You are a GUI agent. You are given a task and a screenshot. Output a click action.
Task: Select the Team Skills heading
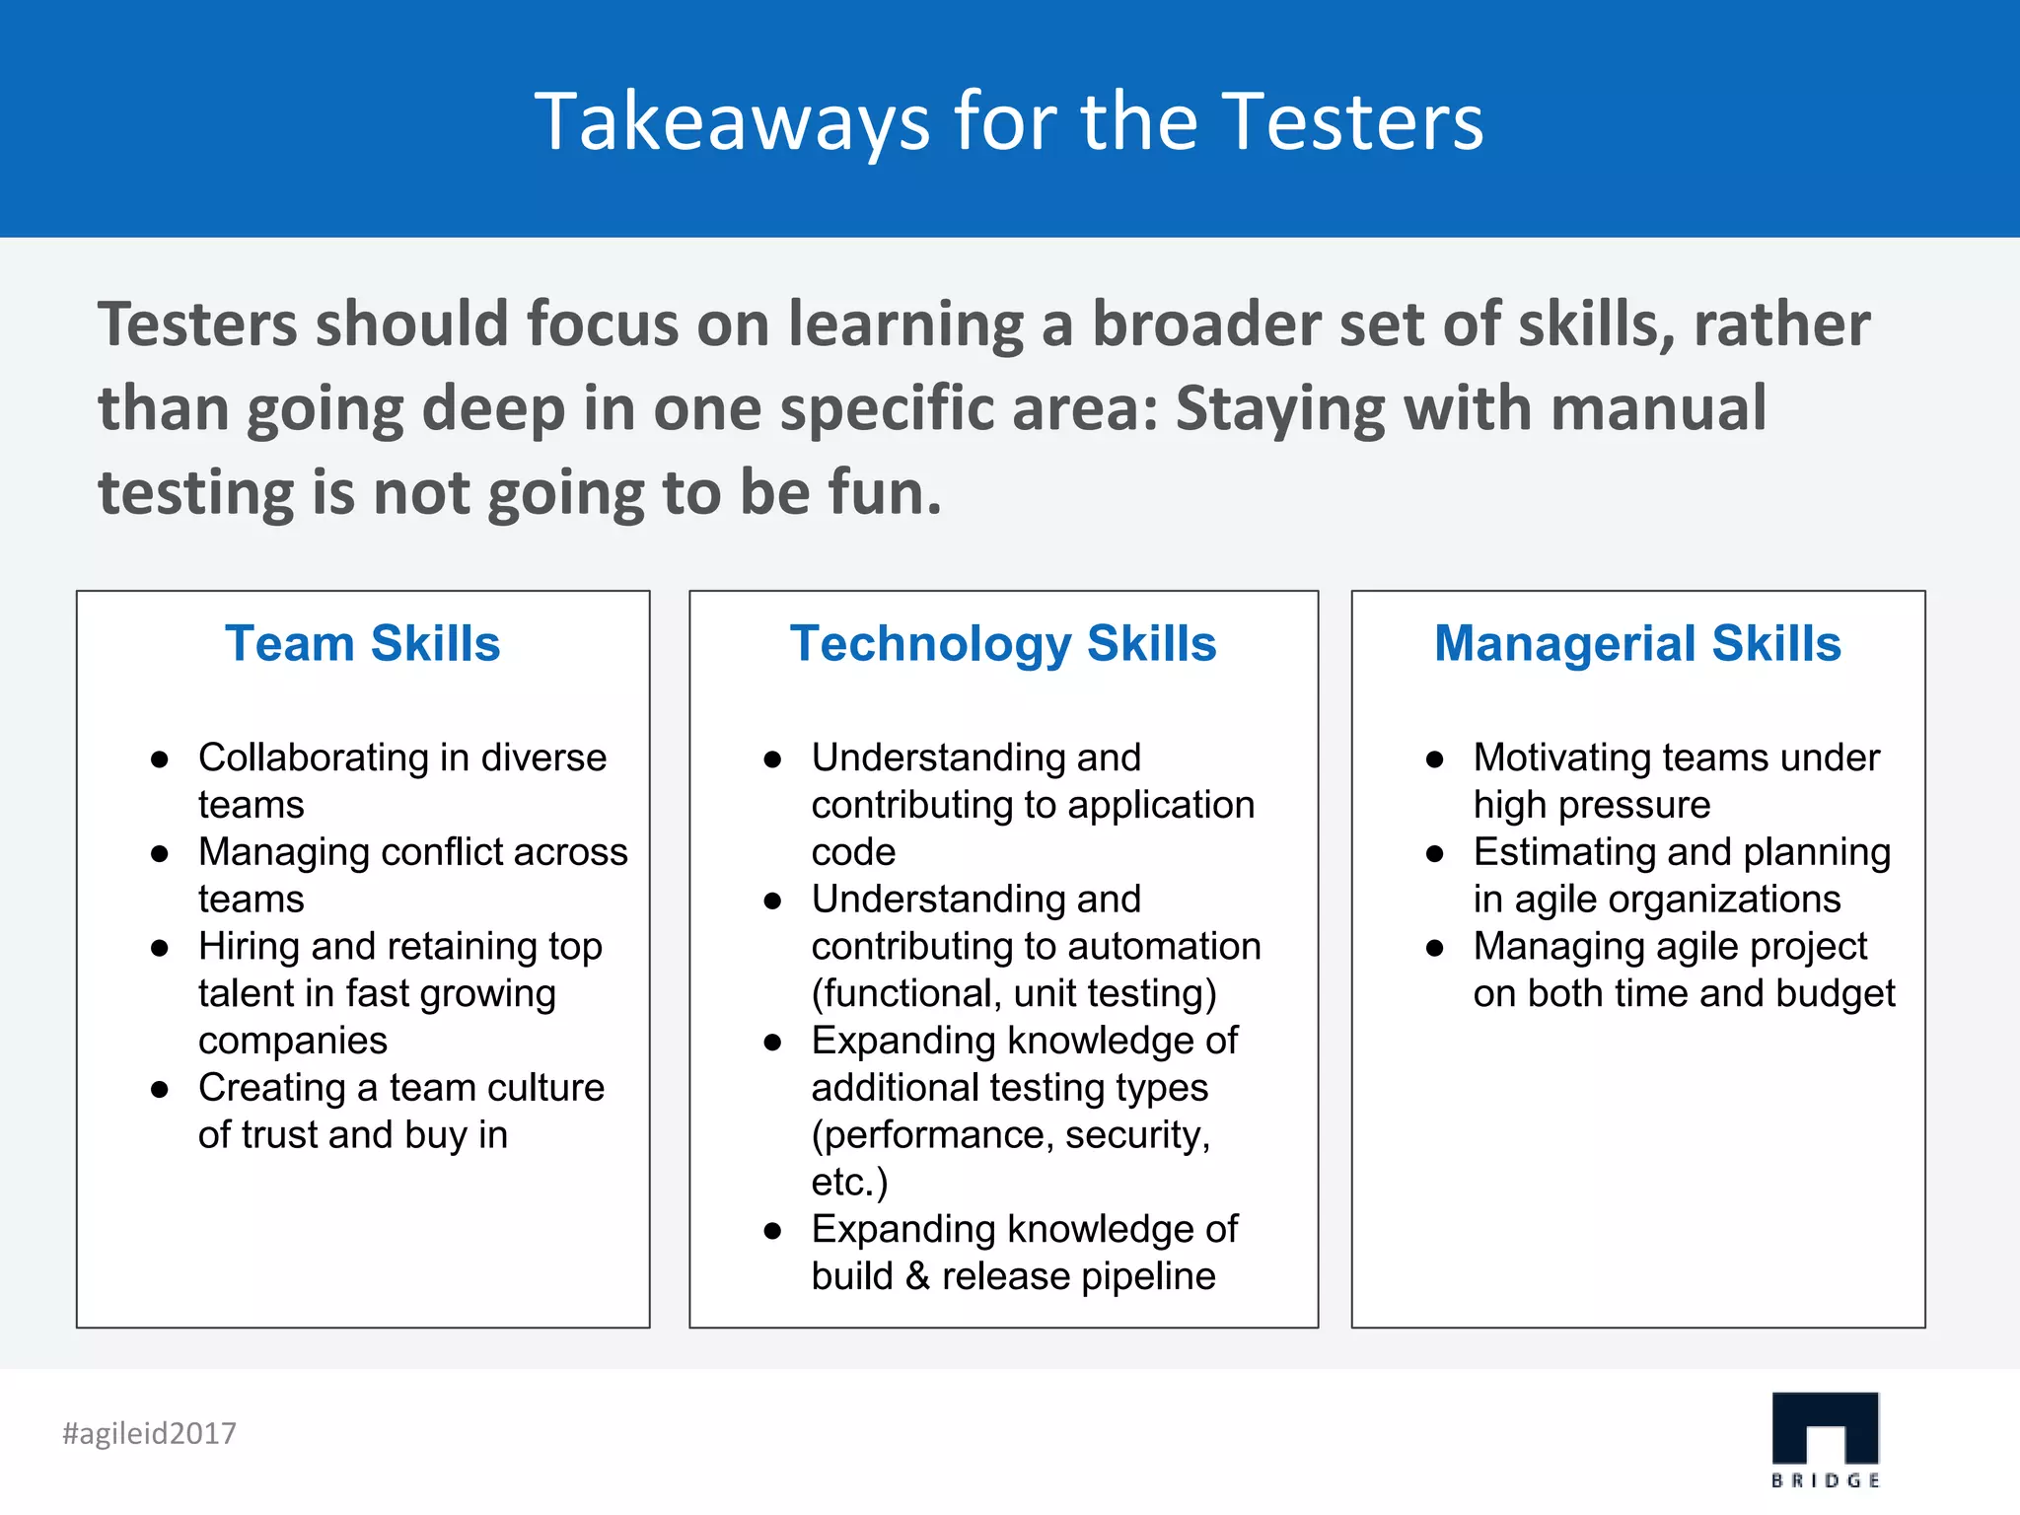point(362,643)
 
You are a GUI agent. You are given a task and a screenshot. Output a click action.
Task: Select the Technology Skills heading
point(1003,643)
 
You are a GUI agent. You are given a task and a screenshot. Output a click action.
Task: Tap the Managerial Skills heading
point(1637,643)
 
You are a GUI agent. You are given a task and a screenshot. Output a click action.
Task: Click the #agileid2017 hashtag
point(150,1432)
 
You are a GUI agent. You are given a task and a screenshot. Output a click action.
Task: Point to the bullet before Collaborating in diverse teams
point(160,759)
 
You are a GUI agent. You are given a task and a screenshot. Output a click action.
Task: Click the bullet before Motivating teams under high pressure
point(1435,759)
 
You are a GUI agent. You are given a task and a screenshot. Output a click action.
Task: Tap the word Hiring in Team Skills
point(248,947)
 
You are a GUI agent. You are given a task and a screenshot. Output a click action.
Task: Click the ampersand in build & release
point(917,1276)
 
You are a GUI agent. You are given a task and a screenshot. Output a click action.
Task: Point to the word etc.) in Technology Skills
point(849,1182)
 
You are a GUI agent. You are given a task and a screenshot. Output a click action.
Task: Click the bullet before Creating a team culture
point(160,1090)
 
